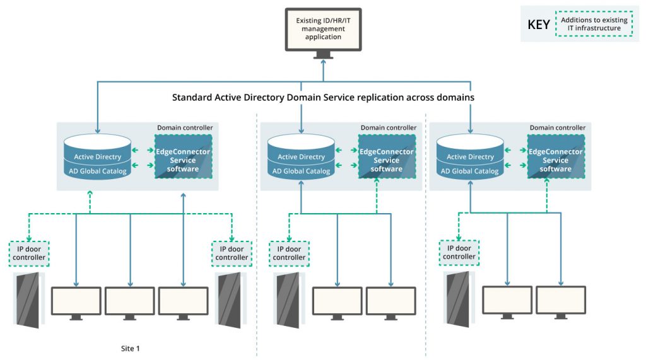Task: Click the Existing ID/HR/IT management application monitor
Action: [x=323, y=29]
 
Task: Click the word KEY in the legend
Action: [x=538, y=25]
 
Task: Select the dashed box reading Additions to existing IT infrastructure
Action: [x=594, y=24]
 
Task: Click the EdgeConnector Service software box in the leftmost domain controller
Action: [x=182, y=160]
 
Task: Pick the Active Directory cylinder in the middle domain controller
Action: [x=301, y=157]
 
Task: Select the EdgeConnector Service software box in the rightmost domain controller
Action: [x=555, y=160]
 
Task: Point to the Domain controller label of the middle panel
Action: [x=388, y=128]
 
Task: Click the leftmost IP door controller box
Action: [x=29, y=253]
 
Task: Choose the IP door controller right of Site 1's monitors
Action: [x=232, y=253]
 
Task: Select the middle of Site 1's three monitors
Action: [x=129, y=301]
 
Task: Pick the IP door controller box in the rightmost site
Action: [x=459, y=252]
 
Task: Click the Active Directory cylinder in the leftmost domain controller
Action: [x=97, y=157]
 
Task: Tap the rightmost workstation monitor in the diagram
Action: [x=561, y=300]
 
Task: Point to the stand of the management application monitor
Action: [x=323, y=55]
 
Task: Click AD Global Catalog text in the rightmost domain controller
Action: [x=470, y=171]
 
